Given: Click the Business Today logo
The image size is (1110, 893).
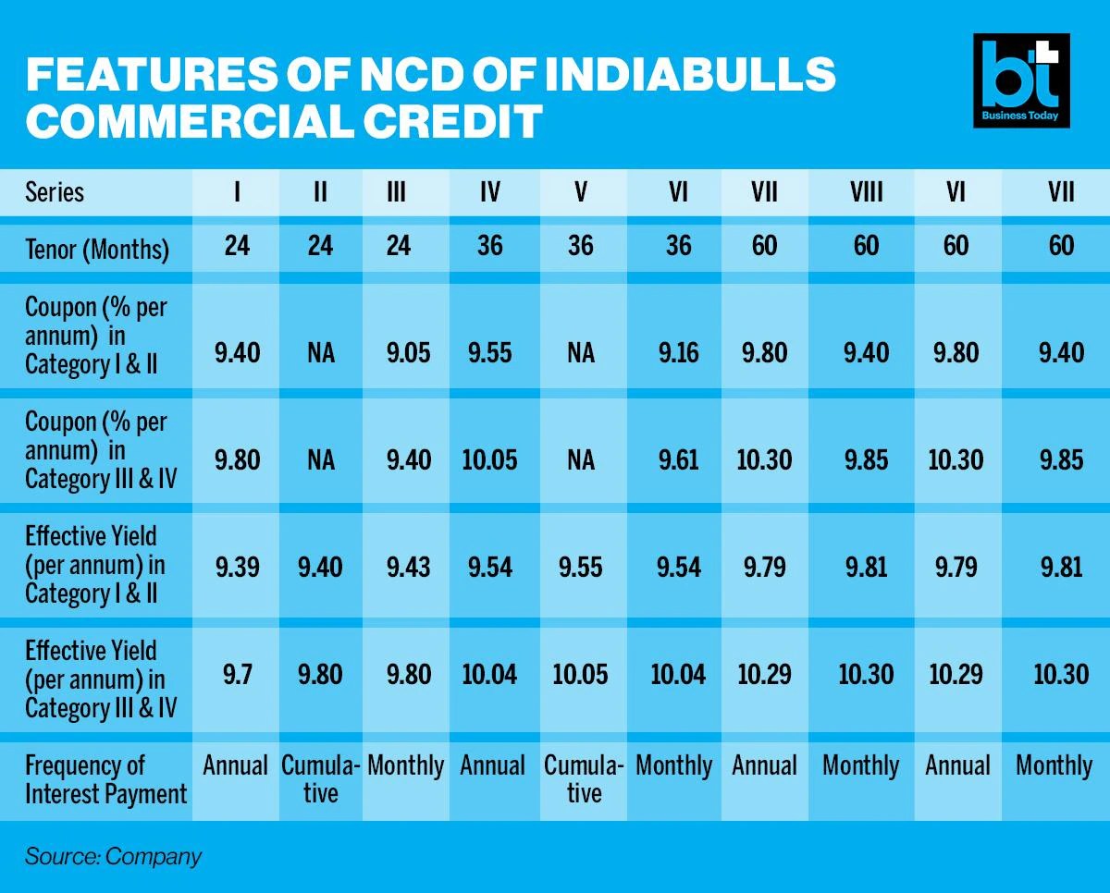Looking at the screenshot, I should [1021, 80].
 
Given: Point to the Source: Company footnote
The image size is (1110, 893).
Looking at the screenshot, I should [113, 856].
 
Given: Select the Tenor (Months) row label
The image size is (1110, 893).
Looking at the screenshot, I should [97, 249].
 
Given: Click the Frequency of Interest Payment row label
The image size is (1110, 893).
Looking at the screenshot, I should [105, 779].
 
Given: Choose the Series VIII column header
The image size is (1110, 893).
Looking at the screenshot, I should [866, 192].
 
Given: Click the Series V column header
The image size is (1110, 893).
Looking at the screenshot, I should [581, 192].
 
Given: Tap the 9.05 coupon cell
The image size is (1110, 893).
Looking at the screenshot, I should [406, 352].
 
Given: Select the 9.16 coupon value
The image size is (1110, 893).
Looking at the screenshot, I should [678, 352].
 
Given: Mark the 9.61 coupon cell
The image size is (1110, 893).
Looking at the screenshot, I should [678, 459].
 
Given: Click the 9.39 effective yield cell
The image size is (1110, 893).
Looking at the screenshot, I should [238, 566].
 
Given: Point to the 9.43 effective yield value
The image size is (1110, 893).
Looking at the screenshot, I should [406, 566].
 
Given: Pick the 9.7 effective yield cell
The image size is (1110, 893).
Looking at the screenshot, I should [238, 674].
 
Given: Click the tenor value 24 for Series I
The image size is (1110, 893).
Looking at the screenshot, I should [237, 245].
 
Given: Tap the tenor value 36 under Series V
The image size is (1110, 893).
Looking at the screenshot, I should [581, 245].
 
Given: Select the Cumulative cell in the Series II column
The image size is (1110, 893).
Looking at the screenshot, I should [320, 779].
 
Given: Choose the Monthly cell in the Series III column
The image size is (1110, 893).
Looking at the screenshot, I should [405, 766].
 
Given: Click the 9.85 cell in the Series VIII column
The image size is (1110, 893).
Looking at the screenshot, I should [866, 459].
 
